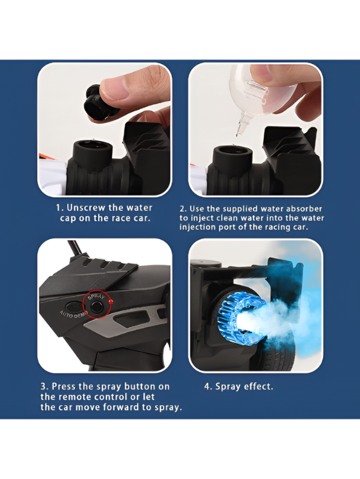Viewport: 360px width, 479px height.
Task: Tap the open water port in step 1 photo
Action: (x=93, y=147)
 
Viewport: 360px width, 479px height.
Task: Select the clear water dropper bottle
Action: (x=255, y=92)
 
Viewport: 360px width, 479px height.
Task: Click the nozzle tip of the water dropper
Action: (x=238, y=133)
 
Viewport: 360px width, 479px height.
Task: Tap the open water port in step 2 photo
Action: (x=232, y=152)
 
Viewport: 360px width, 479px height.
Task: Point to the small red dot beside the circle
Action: (x=111, y=301)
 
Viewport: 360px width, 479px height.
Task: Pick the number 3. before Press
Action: (x=45, y=386)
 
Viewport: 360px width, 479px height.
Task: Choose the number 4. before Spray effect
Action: (x=208, y=386)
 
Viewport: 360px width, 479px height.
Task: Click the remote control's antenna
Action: (x=76, y=248)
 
